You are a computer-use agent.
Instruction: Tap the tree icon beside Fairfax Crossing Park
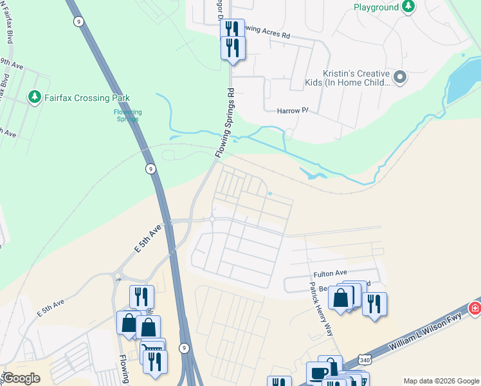click(34, 98)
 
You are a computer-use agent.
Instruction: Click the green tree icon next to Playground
click(408, 7)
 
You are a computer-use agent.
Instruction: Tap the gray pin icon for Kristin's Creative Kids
click(400, 78)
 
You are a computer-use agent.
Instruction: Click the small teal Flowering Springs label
click(127, 116)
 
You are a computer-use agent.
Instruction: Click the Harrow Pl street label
click(293, 111)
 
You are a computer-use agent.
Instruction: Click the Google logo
click(21, 378)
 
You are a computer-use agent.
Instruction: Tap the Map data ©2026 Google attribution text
click(440, 381)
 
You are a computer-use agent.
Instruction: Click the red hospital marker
click(475, 308)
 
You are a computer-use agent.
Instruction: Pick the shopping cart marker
click(152, 349)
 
